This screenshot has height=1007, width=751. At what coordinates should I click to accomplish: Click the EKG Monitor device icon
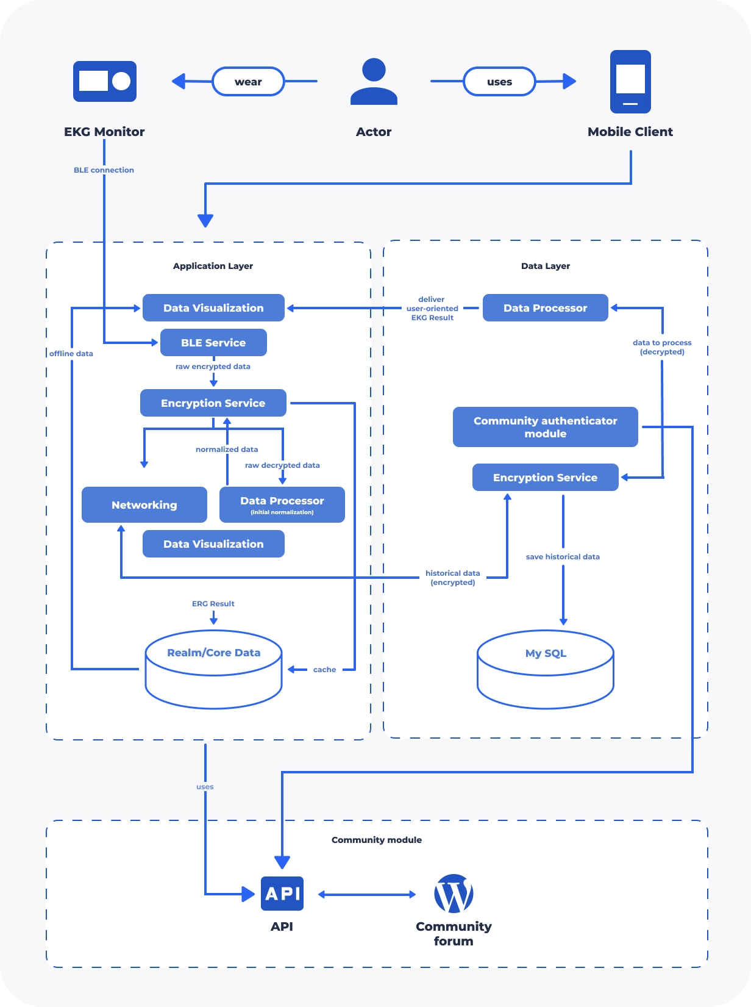[x=104, y=81]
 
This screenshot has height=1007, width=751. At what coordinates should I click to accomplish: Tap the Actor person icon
[x=374, y=81]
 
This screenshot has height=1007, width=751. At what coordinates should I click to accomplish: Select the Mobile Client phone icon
[x=630, y=82]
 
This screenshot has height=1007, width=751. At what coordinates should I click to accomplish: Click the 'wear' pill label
[x=248, y=82]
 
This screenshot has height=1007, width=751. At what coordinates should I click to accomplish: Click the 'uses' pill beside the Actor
[x=499, y=82]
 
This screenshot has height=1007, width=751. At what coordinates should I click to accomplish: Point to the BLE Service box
[x=213, y=342]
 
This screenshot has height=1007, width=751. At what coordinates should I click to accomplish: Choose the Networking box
[x=144, y=504]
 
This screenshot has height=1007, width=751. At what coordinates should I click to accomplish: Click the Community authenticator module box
[x=545, y=427]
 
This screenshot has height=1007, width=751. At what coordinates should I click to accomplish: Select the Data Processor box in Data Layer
[x=545, y=308]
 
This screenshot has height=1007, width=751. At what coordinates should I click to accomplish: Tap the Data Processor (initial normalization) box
[x=282, y=504]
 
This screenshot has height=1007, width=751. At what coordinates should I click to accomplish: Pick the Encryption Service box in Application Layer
[x=213, y=403]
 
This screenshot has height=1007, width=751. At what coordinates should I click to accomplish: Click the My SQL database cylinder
[x=545, y=669]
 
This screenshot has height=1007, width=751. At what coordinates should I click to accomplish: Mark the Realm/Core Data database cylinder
[x=213, y=669]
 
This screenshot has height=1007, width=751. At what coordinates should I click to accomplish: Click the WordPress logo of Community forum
[x=454, y=893]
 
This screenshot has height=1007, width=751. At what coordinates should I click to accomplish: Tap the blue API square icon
[x=282, y=893]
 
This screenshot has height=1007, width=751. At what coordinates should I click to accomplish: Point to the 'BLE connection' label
[x=104, y=170]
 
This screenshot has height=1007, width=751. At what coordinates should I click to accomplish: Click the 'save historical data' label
[x=563, y=556]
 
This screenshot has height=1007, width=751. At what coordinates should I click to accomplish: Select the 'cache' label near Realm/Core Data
[x=325, y=669]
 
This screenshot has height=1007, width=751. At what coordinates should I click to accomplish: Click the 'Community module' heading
[x=377, y=839]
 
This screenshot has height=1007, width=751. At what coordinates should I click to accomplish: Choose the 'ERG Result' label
[x=213, y=603]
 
